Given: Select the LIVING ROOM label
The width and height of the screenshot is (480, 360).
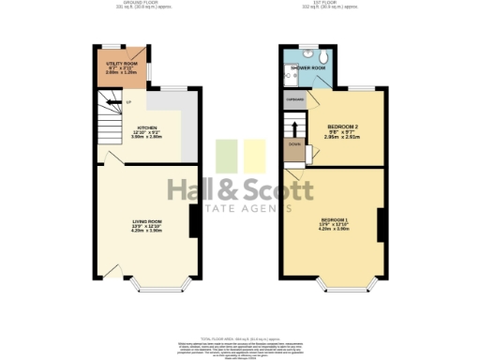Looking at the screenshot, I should [x=147, y=221].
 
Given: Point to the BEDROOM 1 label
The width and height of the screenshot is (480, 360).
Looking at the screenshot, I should [x=335, y=220].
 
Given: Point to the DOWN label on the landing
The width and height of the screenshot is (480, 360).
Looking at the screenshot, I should [x=294, y=145].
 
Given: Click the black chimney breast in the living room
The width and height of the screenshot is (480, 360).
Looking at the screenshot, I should [x=192, y=222].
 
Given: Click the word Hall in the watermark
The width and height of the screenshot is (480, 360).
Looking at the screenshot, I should [x=200, y=189].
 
